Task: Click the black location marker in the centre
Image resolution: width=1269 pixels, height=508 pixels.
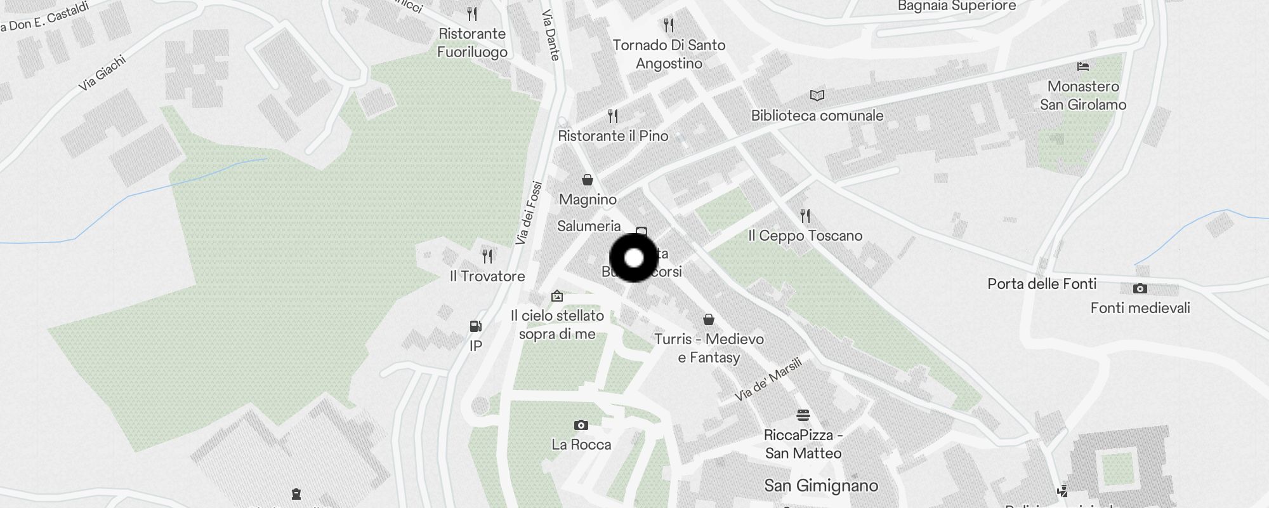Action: pyautogui.click(x=634, y=258)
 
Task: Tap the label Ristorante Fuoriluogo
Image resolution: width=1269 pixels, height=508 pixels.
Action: pyautogui.click(x=472, y=43)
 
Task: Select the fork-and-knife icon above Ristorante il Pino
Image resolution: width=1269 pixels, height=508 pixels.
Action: pyautogui.click(x=613, y=116)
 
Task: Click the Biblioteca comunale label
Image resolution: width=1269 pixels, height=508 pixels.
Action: pyautogui.click(x=817, y=116)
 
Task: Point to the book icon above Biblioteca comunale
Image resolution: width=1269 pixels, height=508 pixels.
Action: pyautogui.click(x=817, y=96)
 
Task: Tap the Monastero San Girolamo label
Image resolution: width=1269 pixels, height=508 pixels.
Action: pyautogui.click(x=1083, y=95)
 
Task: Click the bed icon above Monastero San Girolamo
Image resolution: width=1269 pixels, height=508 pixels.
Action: pyautogui.click(x=1083, y=66)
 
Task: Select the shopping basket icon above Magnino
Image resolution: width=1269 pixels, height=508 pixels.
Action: pyautogui.click(x=588, y=180)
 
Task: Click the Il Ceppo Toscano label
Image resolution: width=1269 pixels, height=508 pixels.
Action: pyautogui.click(x=805, y=236)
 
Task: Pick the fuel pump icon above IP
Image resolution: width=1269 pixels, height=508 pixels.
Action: pyautogui.click(x=475, y=326)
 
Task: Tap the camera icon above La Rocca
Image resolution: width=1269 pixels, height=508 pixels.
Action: pyautogui.click(x=581, y=425)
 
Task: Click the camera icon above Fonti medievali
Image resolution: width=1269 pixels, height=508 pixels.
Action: pyautogui.click(x=1140, y=289)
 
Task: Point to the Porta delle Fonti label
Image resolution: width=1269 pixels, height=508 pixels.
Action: pyautogui.click(x=1042, y=284)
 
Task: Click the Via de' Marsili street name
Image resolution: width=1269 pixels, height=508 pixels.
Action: pyautogui.click(x=768, y=380)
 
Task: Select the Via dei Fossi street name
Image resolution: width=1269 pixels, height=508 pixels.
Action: pyautogui.click(x=529, y=213)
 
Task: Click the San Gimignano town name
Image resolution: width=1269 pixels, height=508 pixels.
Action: pyautogui.click(x=821, y=486)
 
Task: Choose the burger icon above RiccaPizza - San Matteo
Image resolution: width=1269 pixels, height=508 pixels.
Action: pyautogui.click(x=803, y=415)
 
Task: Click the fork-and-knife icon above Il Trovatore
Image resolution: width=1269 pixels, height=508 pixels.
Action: pyautogui.click(x=487, y=257)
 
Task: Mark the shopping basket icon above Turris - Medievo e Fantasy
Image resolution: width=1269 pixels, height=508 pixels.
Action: pyautogui.click(x=709, y=319)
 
